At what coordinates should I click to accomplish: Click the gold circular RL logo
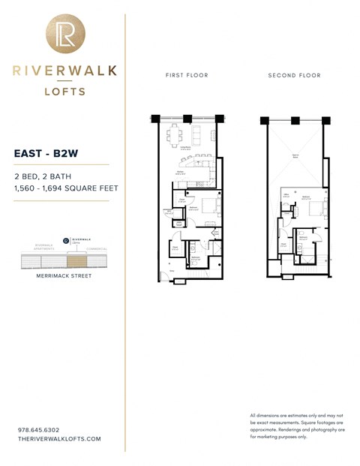click(65, 34)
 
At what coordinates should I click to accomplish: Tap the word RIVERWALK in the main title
click(64, 71)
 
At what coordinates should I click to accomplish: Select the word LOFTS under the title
click(64, 92)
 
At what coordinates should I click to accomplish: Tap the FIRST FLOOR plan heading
click(187, 76)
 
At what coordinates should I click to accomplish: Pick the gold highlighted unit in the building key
click(76, 261)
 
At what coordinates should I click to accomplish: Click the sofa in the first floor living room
click(198, 137)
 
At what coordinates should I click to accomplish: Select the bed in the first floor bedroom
click(209, 206)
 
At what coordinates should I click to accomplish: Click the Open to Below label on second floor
click(295, 156)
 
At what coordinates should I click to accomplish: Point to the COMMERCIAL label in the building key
click(97, 248)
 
